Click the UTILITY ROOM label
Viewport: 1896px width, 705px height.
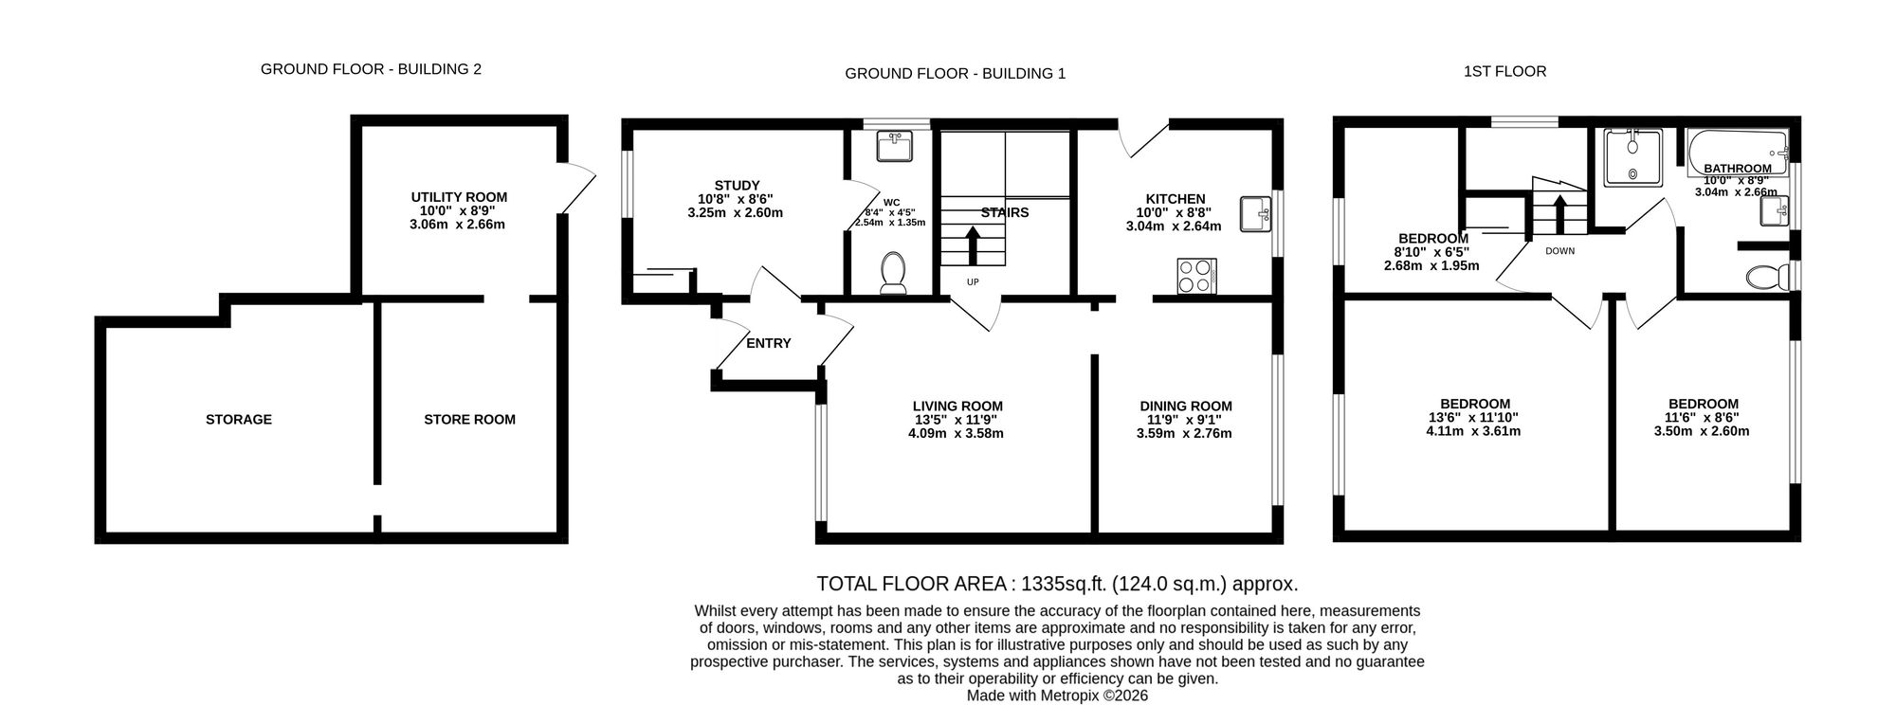tap(459, 197)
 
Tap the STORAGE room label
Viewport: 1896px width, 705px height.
tap(239, 419)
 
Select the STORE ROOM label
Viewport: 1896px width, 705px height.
tap(469, 419)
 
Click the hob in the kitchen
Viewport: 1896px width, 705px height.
tap(1195, 276)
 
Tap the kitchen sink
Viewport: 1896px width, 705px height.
tap(1257, 213)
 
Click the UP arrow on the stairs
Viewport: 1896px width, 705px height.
tap(973, 244)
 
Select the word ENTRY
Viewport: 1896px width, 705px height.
tap(768, 343)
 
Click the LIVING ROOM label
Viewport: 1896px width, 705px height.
tap(957, 407)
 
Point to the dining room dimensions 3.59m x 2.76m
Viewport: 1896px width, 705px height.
tap(1184, 434)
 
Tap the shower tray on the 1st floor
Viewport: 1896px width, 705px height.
tap(1632, 158)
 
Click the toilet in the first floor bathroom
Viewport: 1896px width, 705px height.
tap(1764, 277)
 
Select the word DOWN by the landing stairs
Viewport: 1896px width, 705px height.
tap(1559, 251)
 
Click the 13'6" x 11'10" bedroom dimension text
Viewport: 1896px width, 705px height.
tap(1474, 417)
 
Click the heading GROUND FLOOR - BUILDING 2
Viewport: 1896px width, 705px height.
tap(371, 69)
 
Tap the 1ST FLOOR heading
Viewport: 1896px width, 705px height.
tap(1504, 71)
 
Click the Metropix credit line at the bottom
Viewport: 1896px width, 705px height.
tap(1057, 695)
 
